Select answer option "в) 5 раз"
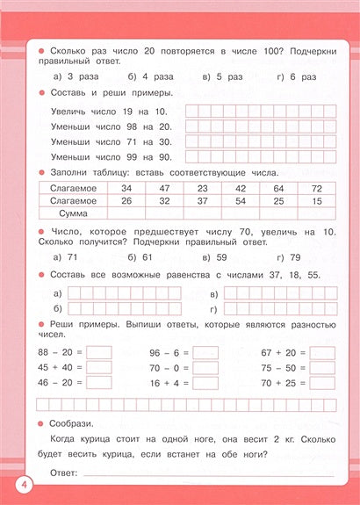pyautogui.click(x=223, y=76)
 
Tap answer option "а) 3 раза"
pyautogui.click(x=76, y=76)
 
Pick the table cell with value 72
pyautogui.click(x=317, y=188)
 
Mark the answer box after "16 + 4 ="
pyautogui.click(x=205, y=384)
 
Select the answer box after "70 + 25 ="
pyautogui.click(x=322, y=384)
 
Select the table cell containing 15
pyautogui.click(x=317, y=200)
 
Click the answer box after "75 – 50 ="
pyautogui.click(x=322, y=368)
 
